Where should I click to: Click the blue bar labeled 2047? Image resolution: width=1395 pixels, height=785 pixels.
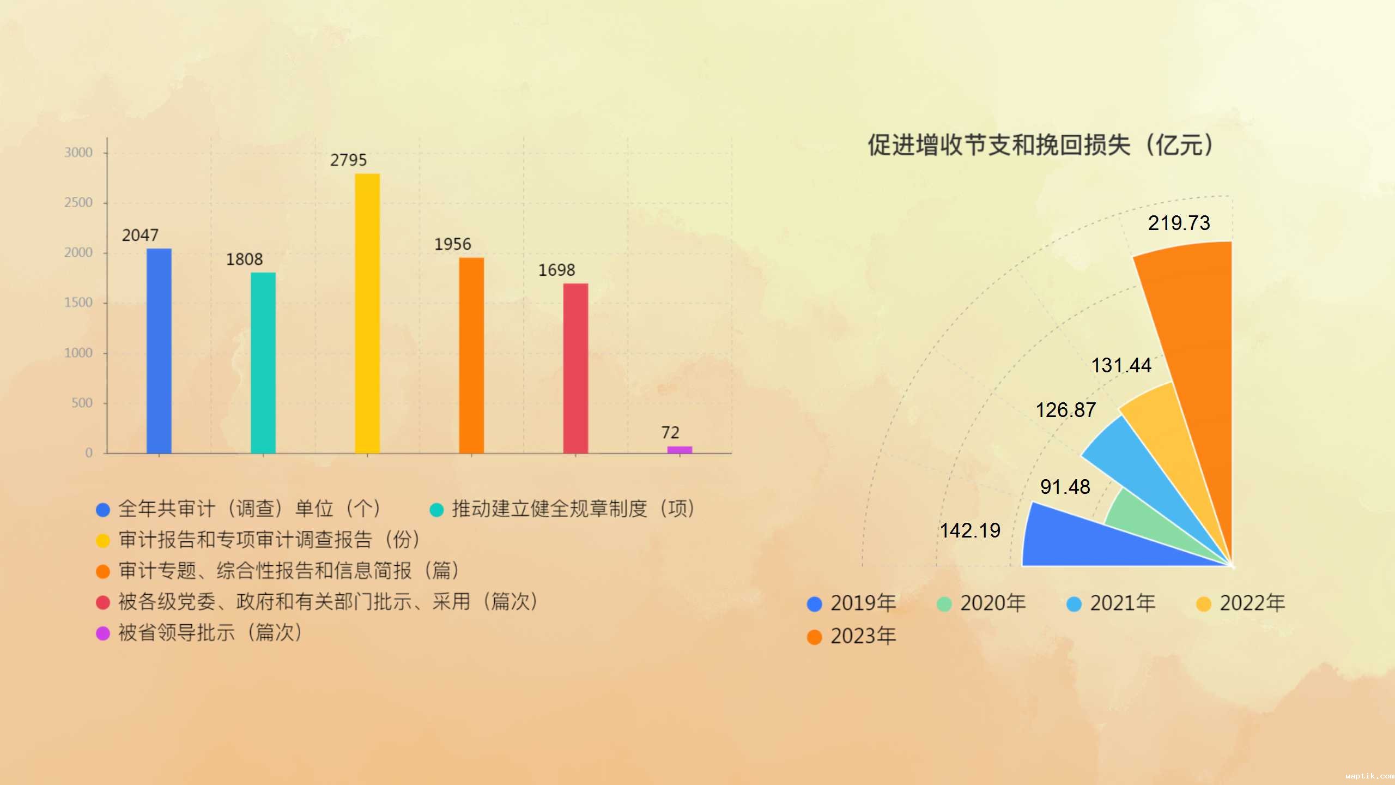pos(159,351)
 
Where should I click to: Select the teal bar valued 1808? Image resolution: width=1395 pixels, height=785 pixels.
pos(263,363)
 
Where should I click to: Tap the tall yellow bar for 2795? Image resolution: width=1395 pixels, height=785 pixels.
pos(367,313)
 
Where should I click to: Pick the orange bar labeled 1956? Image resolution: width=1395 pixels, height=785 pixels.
pos(471,355)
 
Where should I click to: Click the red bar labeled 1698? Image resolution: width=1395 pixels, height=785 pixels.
pos(575,368)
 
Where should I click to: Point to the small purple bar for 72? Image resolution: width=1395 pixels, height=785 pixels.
pos(680,450)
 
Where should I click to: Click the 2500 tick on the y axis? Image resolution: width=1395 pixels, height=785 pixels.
pos(78,203)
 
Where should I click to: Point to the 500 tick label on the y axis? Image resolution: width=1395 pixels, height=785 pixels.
pos(82,403)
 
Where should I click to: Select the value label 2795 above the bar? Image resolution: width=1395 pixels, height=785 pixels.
pos(349,160)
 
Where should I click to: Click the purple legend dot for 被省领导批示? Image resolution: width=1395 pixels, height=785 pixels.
pos(103,633)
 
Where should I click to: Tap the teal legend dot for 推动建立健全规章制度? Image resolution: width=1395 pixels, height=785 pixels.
pos(436,510)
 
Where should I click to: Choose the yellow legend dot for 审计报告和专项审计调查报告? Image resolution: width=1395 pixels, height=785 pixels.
pos(103,541)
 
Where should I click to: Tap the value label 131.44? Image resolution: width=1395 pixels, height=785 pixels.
pos(1121,365)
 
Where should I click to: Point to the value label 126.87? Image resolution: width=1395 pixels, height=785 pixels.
pos(1065,410)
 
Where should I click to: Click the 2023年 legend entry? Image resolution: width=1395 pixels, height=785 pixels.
pos(852,636)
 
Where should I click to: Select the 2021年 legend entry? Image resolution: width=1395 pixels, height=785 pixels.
pos(1111,603)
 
